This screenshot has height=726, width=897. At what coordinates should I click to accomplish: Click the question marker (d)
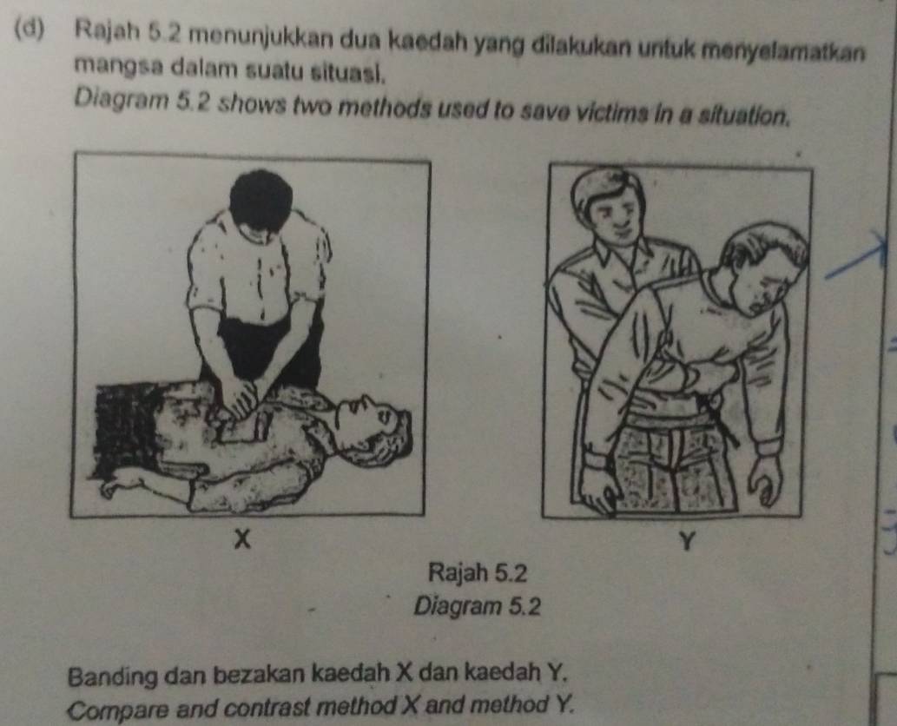pyautogui.click(x=29, y=27)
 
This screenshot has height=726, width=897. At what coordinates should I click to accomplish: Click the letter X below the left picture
pyautogui.click(x=244, y=539)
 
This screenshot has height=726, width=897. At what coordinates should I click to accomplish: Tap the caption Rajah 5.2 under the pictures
pyautogui.click(x=477, y=572)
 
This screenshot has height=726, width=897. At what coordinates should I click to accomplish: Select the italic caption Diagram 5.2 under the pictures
pyautogui.click(x=477, y=606)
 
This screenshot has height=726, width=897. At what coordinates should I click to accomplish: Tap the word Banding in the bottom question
pyautogui.click(x=113, y=678)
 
